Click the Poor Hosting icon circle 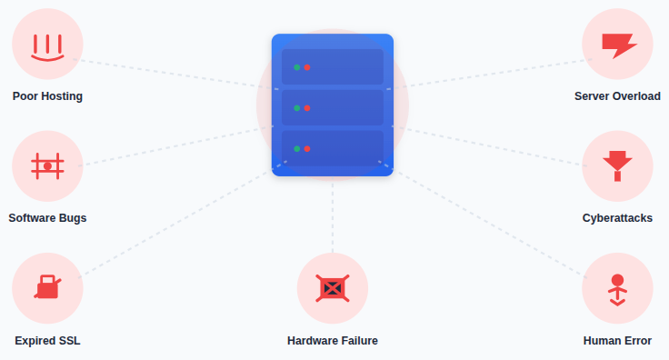[x=47, y=44]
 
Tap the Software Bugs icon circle [x=47, y=166]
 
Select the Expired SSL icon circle [x=47, y=288]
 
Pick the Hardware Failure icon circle [x=333, y=288]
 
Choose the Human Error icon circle [x=617, y=288]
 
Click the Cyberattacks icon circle [x=617, y=166]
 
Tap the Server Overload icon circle [x=617, y=44]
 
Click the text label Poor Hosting [x=47, y=96]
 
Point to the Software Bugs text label [x=47, y=218]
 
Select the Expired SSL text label [x=47, y=341]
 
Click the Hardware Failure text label [x=333, y=341]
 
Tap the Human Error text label [x=617, y=341]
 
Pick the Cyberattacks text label [x=617, y=218]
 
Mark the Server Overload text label [x=617, y=96]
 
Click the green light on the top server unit [x=296, y=67]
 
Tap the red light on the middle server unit [x=307, y=108]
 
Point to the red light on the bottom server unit [x=307, y=148]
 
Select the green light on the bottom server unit [x=296, y=148]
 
